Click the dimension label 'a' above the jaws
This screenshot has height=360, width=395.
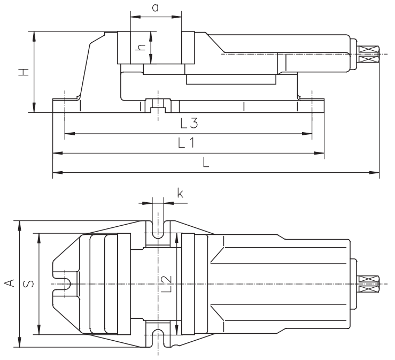[x=155, y=7]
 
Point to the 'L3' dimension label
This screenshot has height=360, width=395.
[x=189, y=124]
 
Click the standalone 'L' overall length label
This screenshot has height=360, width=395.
[x=205, y=164]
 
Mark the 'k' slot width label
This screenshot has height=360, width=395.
[x=180, y=194]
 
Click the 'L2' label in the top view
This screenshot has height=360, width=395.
[x=167, y=284]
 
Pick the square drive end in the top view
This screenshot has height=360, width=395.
[x=368, y=284]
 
